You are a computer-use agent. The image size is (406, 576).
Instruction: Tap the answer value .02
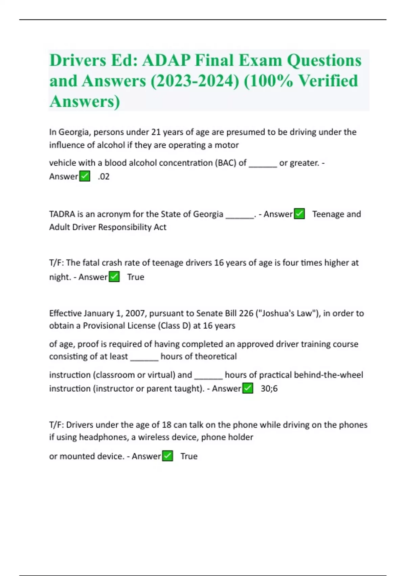click(104, 177)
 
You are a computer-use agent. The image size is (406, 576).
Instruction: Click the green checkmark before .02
click(85, 177)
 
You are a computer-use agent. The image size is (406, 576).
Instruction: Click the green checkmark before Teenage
click(299, 214)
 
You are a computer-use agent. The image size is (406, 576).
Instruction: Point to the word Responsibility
click(125, 227)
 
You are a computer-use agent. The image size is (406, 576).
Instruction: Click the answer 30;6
click(269, 388)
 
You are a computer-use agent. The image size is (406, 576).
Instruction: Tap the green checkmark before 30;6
click(248, 388)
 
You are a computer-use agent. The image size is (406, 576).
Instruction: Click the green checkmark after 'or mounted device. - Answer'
click(168, 456)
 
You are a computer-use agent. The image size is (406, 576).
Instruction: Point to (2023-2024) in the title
click(195, 81)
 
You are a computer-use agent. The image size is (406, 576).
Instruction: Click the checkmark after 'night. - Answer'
click(114, 277)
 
